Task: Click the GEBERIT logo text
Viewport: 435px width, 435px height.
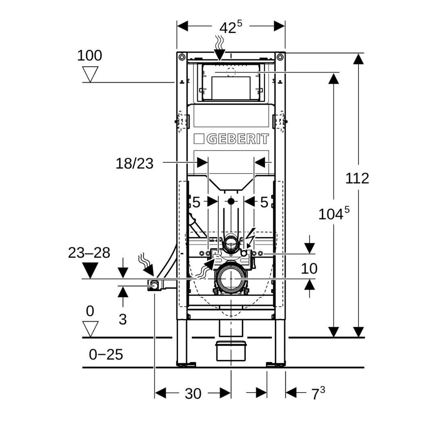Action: [x=238, y=139]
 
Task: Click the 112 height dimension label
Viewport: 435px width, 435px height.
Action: [x=357, y=178]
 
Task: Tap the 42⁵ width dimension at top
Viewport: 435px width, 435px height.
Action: [x=230, y=27]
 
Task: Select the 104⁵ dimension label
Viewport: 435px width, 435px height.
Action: [x=333, y=213]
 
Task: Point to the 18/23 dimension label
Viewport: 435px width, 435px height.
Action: [x=135, y=164]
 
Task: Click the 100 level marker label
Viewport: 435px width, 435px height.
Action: [x=89, y=56]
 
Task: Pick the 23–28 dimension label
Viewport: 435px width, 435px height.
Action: [x=89, y=253]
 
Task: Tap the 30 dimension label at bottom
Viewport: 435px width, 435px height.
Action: [x=193, y=394]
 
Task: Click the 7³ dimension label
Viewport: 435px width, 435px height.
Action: [x=318, y=394]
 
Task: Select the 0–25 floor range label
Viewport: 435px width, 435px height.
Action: [x=106, y=354]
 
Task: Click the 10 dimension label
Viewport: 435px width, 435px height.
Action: [x=309, y=268]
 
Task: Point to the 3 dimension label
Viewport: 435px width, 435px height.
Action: [x=123, y=319]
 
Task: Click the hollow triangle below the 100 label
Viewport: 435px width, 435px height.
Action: [x=90, y=74]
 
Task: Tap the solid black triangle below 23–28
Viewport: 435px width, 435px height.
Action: [x=90, y=270]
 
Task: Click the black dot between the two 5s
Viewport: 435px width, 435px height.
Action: [x=231, y=201]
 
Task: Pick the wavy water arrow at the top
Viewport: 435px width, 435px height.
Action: [x=220, y=48]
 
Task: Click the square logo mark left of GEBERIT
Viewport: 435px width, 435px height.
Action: [x=199, y=139]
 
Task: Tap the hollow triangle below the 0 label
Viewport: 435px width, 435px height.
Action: [x=90, y=329]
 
